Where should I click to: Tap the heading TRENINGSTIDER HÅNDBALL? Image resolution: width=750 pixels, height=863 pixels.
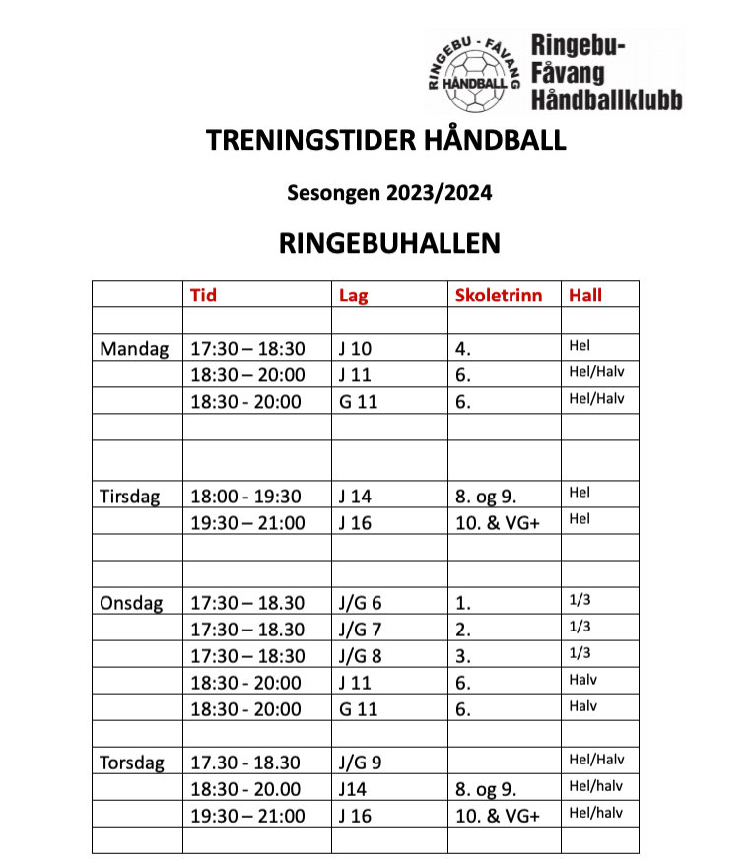(x=386, y=141)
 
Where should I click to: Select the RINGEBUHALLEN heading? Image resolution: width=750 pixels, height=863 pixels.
(x=389, y=243)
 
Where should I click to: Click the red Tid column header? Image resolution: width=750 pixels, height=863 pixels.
(x=203, y=295)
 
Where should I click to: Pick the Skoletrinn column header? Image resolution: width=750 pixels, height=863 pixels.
(x=499, y=295)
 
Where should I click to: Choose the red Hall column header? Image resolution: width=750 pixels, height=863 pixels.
(x=585, y=295)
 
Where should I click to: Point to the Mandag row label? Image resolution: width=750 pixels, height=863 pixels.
(x=134, y=349)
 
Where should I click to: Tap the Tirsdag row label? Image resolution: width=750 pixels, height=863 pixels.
(x=130, y=497)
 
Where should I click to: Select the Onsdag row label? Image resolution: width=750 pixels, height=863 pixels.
(x=132, y=603)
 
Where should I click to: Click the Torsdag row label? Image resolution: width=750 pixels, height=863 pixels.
(x=133, y=763)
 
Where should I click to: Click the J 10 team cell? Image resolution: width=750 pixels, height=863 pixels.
(x=355, y=349)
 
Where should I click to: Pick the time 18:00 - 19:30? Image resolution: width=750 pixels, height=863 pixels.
(x=245, y=497)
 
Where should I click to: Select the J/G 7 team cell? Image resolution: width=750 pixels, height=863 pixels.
(x=361, y=630)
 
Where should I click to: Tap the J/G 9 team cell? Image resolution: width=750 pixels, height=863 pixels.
(x=361, y=763)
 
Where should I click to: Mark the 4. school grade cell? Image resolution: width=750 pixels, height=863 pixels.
(x=463, y=349)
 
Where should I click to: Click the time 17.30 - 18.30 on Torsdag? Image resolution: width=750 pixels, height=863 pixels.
(x=245, y=763)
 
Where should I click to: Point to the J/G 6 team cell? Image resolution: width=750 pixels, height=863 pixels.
(x=361, y=603)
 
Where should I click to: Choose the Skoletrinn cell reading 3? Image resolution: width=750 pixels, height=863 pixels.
(x=463, y=656)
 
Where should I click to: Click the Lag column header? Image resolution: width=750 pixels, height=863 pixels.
(x=353, y=295)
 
